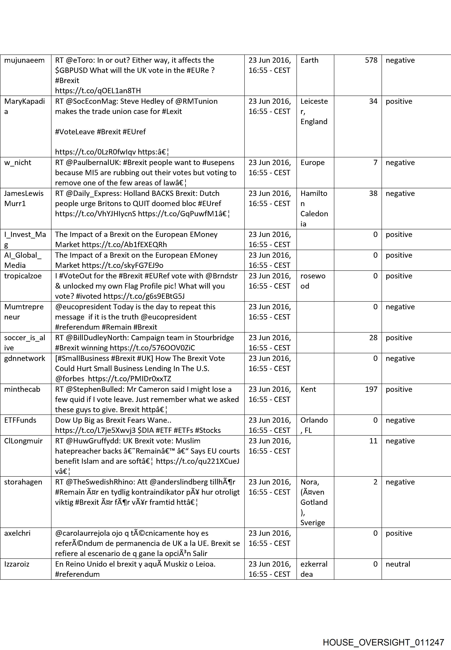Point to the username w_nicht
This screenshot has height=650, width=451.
(17, 163)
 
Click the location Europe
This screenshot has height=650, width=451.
(312, 163)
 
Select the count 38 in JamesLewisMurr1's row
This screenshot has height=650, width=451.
(373, 194)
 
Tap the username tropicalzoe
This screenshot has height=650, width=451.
(23, 276)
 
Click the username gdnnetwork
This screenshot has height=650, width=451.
(25, 359)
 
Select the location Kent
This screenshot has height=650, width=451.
(308, 389)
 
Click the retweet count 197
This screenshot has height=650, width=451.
(371, 389)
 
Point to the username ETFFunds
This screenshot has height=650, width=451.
(20, 420)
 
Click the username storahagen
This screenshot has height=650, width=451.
(23, 482)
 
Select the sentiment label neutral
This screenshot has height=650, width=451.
(398, 564)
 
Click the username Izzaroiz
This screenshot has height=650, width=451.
(17, 564)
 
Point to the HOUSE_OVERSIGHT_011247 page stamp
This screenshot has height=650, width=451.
(383, 635)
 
